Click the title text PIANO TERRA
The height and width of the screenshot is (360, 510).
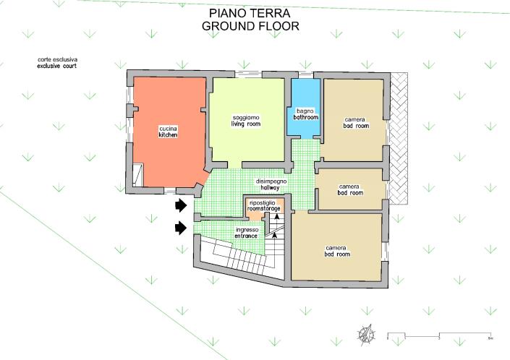click(250, 13)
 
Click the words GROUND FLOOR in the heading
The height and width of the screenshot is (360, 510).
click(250, 26)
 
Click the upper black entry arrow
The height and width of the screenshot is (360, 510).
click(181, 205)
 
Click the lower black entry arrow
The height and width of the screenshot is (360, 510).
click(181, 228)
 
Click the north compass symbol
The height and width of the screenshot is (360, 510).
click(367, 334)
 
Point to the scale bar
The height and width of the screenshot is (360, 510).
click(439, 335)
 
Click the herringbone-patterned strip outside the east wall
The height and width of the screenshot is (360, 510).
click(399, 138)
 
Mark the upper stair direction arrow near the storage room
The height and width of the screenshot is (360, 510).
click(277, 218)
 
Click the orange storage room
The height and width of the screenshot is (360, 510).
click(265, 209)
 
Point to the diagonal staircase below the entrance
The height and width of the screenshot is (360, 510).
click(241, 257)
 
